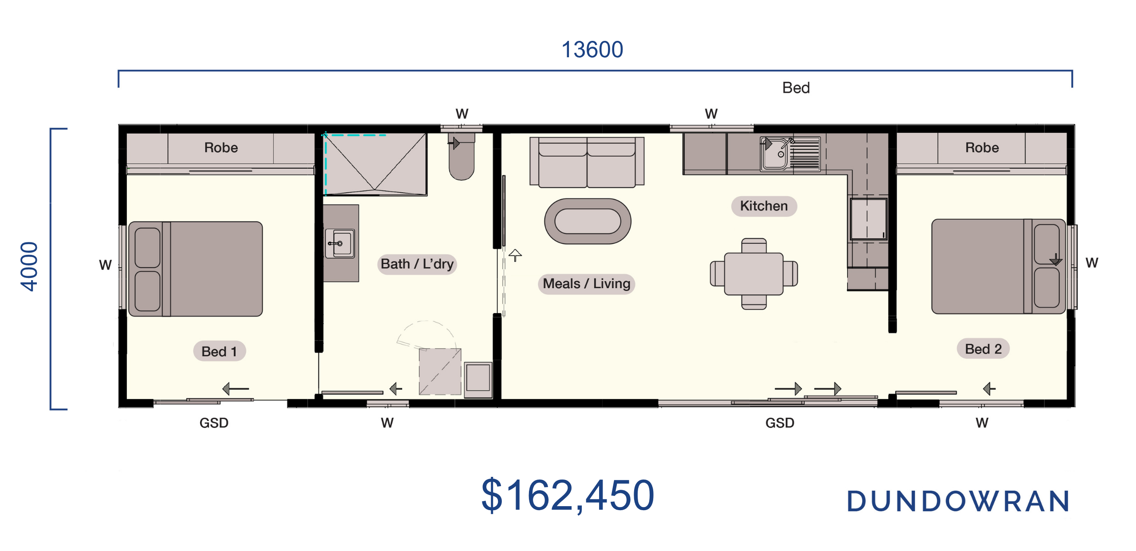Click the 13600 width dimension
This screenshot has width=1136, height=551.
point(592,49)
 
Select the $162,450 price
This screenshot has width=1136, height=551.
point(568,495)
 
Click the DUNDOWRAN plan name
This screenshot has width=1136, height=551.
point(958,501)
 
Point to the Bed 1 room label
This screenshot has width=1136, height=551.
point(219,351)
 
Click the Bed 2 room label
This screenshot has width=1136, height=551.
point(983,349)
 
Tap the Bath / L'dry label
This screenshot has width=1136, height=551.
point(417,264)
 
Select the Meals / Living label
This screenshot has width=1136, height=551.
point(586,283)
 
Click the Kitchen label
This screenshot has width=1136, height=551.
point(764,206)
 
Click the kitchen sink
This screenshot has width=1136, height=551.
point(790,154)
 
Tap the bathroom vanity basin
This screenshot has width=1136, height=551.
point(340,243)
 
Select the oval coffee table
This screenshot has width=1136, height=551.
point(588,221)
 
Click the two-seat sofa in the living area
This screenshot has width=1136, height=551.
point(587,162)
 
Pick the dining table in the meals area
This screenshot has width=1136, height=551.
point(753,274)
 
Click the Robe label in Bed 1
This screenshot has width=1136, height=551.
point(221,147)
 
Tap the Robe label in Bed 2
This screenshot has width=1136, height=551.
point(982,147)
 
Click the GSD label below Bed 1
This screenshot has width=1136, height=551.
point(214,423)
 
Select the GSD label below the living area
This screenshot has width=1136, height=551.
point(780,423)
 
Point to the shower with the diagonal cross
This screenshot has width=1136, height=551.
point(375,164)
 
